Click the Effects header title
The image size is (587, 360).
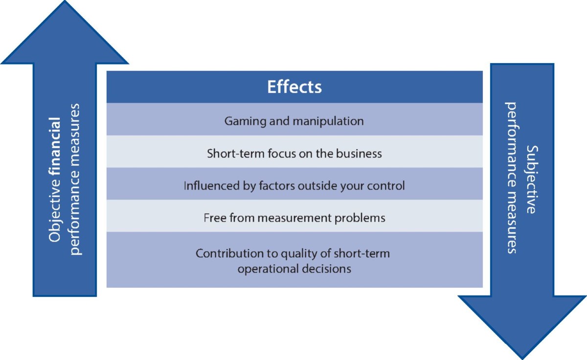[x=294, y=87]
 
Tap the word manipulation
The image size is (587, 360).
[x=332, y=121]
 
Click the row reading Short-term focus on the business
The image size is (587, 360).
[x=294, y=153]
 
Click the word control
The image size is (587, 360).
[x=388, y=186]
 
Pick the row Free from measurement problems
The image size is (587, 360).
[x=294, y=218]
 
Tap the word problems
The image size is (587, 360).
[x=363, y=218]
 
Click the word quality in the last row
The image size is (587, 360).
[x=298, y=254]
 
